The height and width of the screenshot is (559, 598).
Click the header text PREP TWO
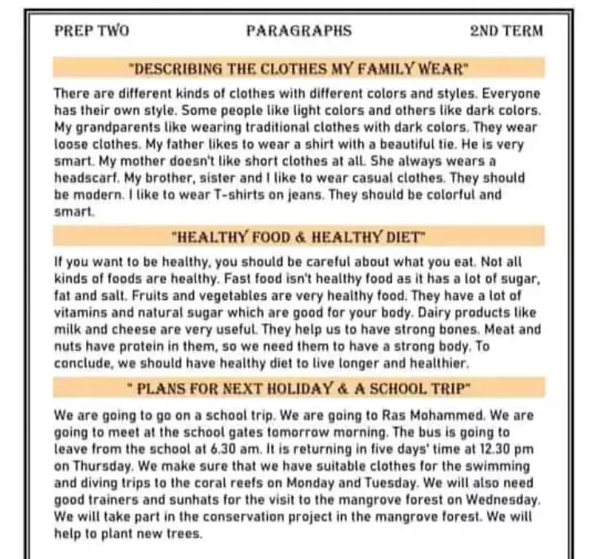coord(92,32)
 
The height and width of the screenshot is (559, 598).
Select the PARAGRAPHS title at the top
coord(298,32)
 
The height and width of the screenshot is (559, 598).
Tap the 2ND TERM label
coord(506,32)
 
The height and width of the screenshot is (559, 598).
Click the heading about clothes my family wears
coord(299,68)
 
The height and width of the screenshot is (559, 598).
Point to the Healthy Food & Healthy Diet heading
coord(299,237)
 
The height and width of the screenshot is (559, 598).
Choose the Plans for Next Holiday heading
coord(299,388)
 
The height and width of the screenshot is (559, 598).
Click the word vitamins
coord(80,313)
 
